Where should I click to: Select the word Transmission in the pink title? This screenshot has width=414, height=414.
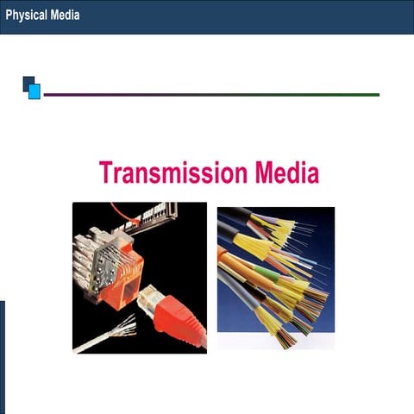173,172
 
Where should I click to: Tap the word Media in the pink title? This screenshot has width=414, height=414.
286,172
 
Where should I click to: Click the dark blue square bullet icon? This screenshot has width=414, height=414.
28,83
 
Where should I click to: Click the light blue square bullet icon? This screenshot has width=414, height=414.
34,91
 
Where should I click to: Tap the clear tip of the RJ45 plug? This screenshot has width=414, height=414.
146,294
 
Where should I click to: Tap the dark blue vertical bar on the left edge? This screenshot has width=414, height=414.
2,357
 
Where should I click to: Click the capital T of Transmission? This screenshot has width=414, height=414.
107,172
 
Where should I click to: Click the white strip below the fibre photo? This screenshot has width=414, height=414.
275,342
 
